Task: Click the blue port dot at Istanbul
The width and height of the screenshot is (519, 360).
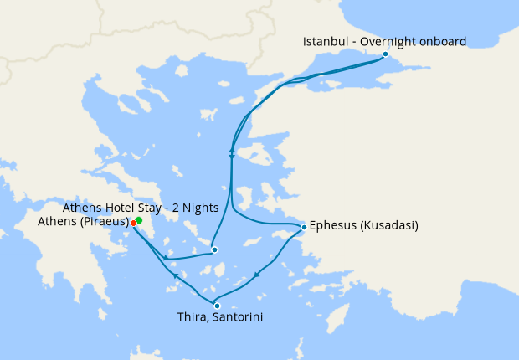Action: coord(385,54)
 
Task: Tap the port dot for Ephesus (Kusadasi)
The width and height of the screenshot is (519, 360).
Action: coord(303,227)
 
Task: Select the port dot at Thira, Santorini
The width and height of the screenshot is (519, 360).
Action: coord(217,306)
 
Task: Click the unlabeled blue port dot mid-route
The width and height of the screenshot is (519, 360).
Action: coord(214,249)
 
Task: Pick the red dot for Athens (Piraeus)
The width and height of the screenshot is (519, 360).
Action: coord(133,223)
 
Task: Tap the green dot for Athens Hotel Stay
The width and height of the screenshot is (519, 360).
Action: coord(138,220)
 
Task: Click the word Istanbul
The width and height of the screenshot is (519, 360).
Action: coord(325,41)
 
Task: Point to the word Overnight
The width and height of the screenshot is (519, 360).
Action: coord(386,41)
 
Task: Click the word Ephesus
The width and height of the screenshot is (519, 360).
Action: coord(332,226)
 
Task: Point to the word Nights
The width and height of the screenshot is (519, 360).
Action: coord(201,207)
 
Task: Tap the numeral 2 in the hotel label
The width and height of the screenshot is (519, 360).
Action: coord(177,207)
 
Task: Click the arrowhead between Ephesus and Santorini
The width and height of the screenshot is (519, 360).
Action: coord(256,275)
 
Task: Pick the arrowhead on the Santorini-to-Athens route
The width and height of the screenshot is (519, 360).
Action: coord(174,275)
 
